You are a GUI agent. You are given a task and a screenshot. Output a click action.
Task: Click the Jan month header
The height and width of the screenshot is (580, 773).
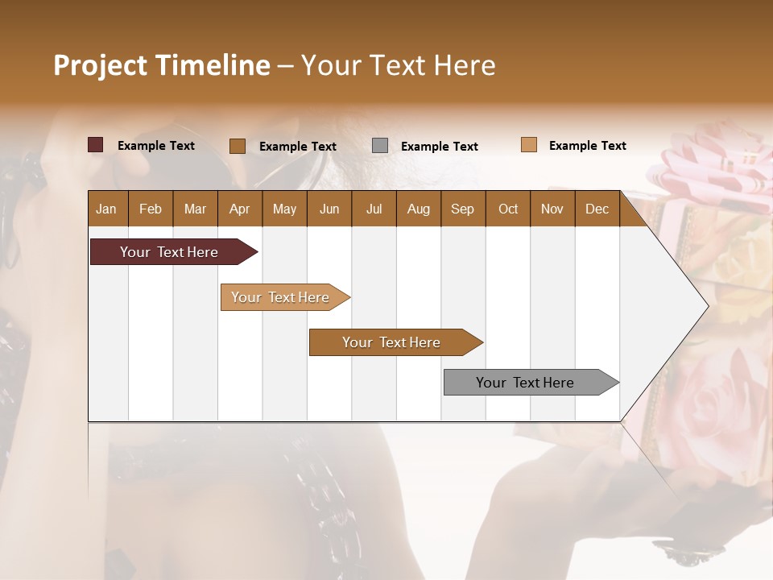click(x=106, y=209)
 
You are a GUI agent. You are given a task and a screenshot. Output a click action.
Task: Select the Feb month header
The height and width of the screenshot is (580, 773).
click(x=151, y=209)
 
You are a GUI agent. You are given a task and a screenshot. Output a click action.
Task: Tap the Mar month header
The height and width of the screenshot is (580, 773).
click(x=195, y=209)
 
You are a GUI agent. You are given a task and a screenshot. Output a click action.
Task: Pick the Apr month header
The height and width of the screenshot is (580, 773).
click(x=239, y=209)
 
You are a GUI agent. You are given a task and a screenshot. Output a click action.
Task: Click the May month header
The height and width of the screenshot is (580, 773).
click(x=284, y=209)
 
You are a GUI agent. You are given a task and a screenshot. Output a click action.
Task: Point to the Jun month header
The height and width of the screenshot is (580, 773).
click(x=329, y=209)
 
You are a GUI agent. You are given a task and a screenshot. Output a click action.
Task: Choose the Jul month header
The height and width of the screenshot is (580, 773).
click(x=374, y=209)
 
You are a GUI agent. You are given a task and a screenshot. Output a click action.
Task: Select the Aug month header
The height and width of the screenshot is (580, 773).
click(x=419, y=209)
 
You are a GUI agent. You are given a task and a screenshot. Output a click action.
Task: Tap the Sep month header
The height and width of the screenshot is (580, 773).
click(x=462, y=209)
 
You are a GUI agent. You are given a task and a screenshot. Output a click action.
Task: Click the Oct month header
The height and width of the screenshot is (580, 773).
click(x=508, y=209)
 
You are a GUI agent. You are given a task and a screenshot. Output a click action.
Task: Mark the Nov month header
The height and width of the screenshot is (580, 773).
click(x=552, y=209)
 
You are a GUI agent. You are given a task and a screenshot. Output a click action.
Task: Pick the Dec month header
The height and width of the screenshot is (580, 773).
click(x=597, y=209)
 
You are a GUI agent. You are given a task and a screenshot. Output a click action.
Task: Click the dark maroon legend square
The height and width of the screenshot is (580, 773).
click(x=96, y=145)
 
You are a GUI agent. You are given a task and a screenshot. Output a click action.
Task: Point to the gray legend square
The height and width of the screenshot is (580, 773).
click(x=380, y=145)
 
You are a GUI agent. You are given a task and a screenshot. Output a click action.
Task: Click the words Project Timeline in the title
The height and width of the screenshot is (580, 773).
click(x=161, y=65)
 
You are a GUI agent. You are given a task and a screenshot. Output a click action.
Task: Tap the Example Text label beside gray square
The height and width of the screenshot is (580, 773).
click(x=439, y=147)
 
